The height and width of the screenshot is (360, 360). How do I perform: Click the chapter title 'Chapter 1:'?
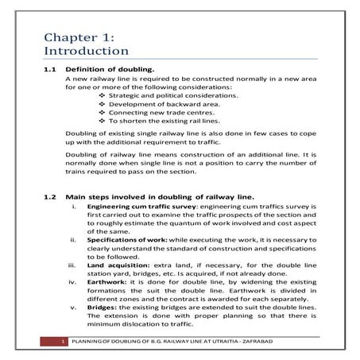point(79,37)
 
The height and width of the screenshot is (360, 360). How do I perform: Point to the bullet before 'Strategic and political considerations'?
point(102,95)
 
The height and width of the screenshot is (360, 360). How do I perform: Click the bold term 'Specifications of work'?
point(120,238)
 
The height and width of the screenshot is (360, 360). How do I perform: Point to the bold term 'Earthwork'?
point(103,281)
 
